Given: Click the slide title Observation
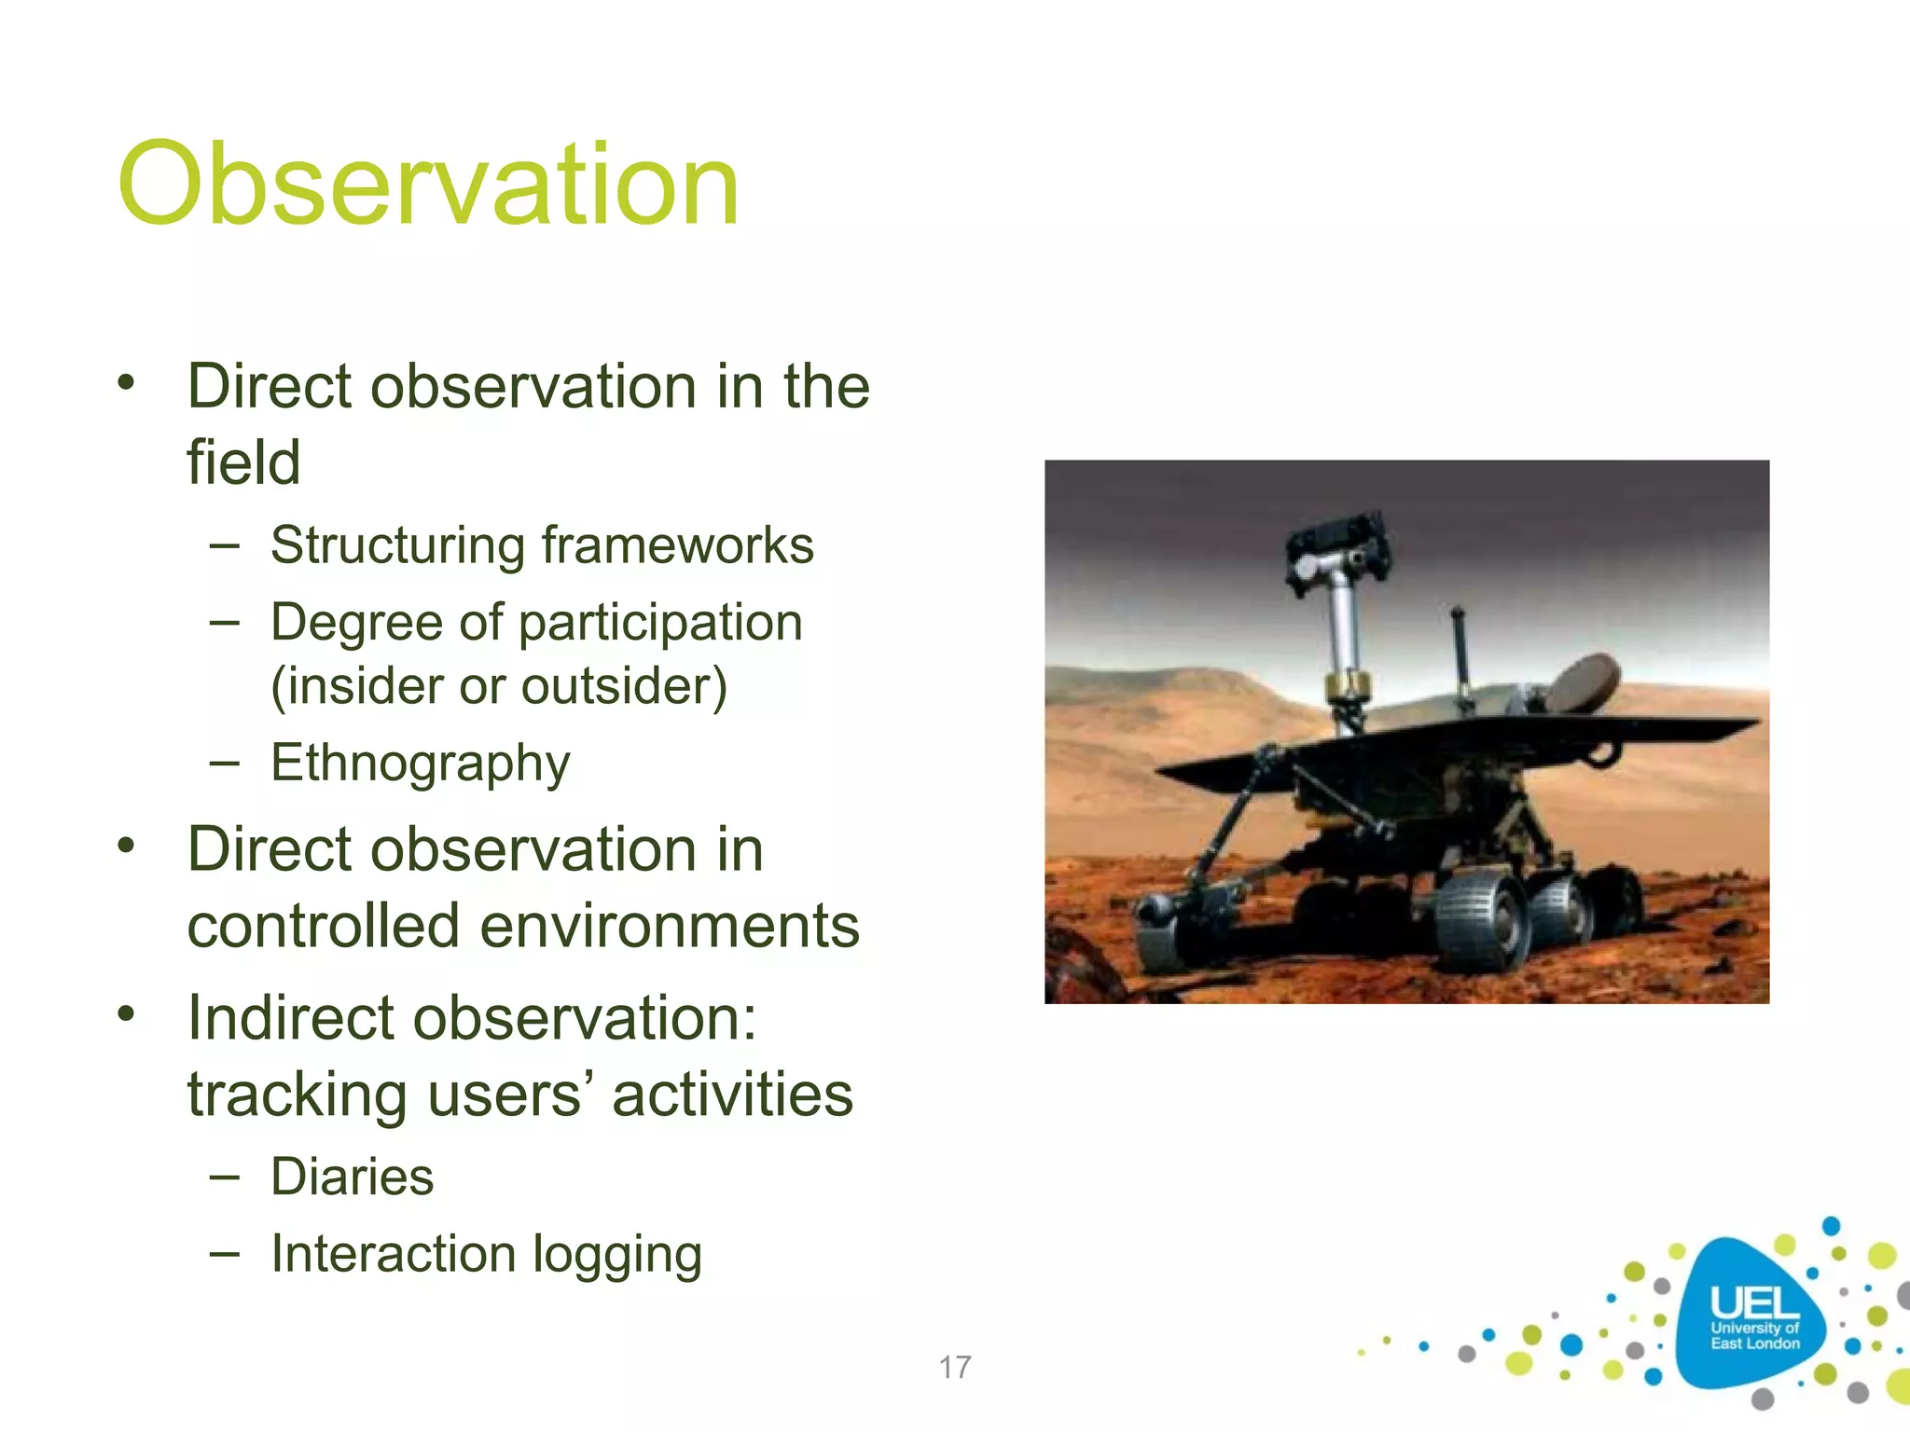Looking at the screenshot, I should [429, 184].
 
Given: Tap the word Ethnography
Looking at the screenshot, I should [420, 764].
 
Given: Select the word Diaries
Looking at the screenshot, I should [352, 1177].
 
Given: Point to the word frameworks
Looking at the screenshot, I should [677, 545].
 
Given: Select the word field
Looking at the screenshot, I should [243, 462].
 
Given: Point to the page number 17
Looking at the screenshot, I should [954, 1368].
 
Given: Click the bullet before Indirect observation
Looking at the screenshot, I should [127, 1013].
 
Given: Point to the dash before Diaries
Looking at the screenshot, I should [224, 1177].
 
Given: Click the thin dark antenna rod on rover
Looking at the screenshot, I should [1461, 653].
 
